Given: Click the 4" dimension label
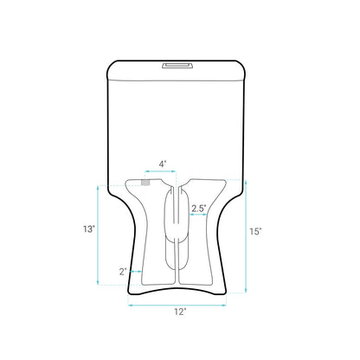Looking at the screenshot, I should (162, 163).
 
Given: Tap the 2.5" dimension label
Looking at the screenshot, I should (198, 209).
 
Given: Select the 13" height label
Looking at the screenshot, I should (89, 229).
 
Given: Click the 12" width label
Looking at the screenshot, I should (179, 312).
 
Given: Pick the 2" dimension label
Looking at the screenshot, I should (124, 272).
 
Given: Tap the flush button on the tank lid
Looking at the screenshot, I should (179, 63).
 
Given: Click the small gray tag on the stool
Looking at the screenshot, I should (145, 183).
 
